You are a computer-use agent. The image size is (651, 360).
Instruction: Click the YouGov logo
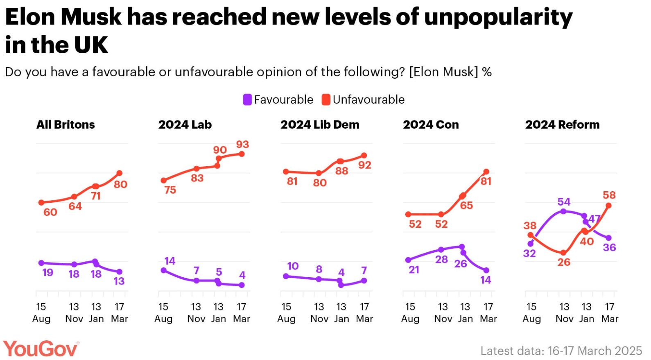tap(41, 349)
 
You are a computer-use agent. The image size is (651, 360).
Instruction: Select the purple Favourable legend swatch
tap(247, 100)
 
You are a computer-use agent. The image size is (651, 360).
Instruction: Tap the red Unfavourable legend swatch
tap(326, 100)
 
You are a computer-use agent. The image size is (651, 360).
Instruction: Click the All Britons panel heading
tap(66, 125)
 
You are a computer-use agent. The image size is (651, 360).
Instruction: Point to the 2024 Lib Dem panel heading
tap(320, 125)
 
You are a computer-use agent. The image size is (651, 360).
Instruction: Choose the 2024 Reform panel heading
tap(562, 125)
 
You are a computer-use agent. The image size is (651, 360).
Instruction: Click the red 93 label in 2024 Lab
tap(242, 145)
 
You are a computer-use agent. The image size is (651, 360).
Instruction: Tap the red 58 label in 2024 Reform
tap(609, 195)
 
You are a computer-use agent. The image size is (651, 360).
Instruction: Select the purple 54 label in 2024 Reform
tap(564, 202)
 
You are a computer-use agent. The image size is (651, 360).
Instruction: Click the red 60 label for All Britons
tap(50, 212)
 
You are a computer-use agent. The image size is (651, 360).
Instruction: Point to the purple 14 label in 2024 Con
tap(486, 280)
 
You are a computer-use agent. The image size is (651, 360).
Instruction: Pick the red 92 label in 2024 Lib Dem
tap(364, 165)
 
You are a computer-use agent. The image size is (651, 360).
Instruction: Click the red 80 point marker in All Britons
tap(120, 173)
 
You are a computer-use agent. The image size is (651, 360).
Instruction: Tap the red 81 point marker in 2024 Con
tap(486, 172)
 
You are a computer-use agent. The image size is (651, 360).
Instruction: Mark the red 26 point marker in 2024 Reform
tap(563, 253)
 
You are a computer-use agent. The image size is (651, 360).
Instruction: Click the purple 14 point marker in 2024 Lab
tap(164, 270)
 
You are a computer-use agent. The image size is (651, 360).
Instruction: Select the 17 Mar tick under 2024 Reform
tap(610, 312)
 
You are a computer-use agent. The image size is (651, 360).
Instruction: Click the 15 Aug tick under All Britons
tap(41, 312)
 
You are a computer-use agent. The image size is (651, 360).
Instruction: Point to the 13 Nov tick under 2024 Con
tap(443, 312)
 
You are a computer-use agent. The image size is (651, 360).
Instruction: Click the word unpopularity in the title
tap(498, 17)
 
